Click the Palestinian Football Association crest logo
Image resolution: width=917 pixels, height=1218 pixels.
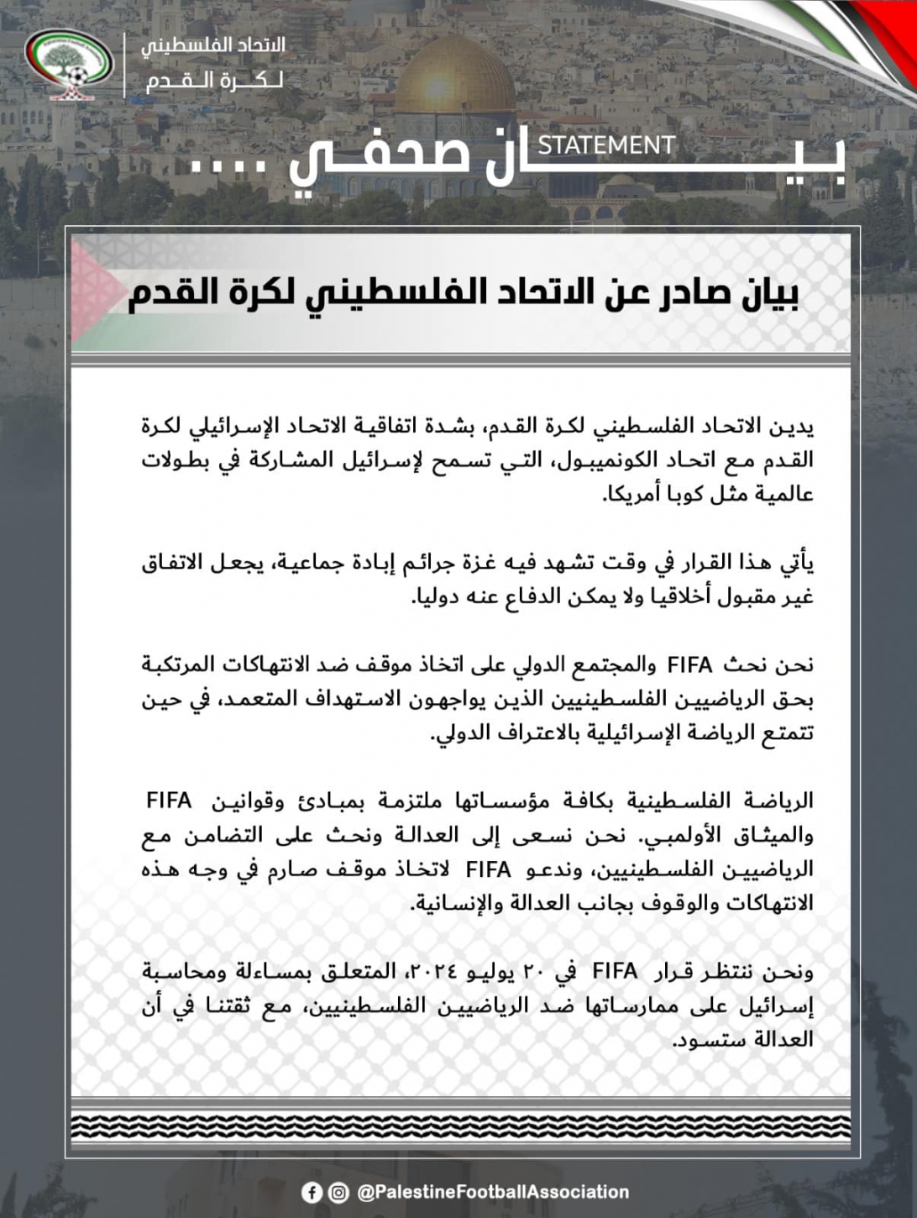pos(70,66)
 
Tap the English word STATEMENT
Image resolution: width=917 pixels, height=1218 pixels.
pos(605,145)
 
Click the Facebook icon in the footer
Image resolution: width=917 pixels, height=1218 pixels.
pos(311,1192)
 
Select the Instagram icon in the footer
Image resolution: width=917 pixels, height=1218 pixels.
pos(338,1192)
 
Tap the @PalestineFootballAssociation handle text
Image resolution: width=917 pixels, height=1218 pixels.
pos(493,1192)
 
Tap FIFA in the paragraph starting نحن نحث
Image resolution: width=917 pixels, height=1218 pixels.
pos(689,665)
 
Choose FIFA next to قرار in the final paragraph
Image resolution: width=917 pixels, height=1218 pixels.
pos(615,972)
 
